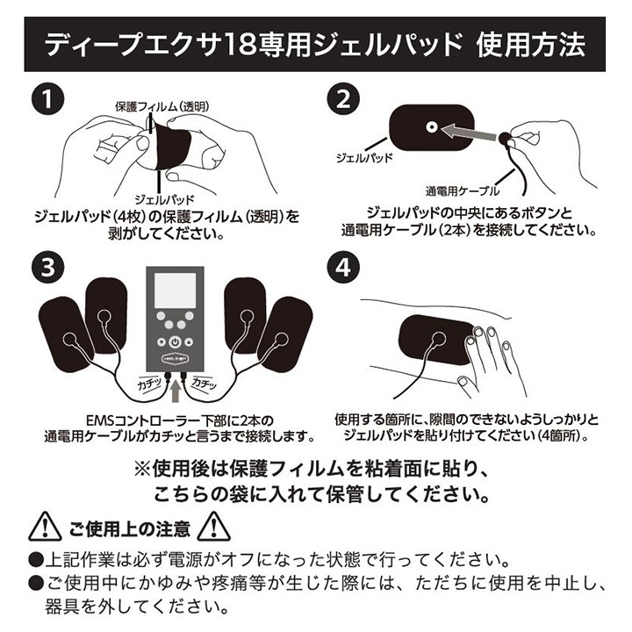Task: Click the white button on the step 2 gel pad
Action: [x=431, y=128]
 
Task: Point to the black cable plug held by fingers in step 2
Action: [x=506, y=138]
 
